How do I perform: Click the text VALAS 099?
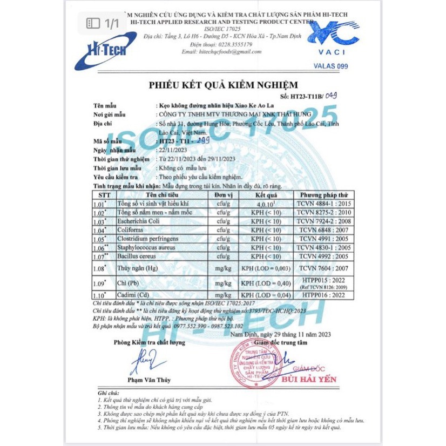coord(331,66)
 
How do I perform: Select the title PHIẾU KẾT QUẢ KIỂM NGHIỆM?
coord(223,85)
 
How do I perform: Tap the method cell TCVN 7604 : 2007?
coord(323,267)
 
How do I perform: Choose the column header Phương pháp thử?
coord(323,194)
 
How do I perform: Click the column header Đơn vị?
coord(222,194)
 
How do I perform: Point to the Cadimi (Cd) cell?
coord(132,295)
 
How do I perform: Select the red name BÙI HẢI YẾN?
coord(310,379)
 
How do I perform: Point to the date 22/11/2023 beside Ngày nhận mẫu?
coord(172,150)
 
